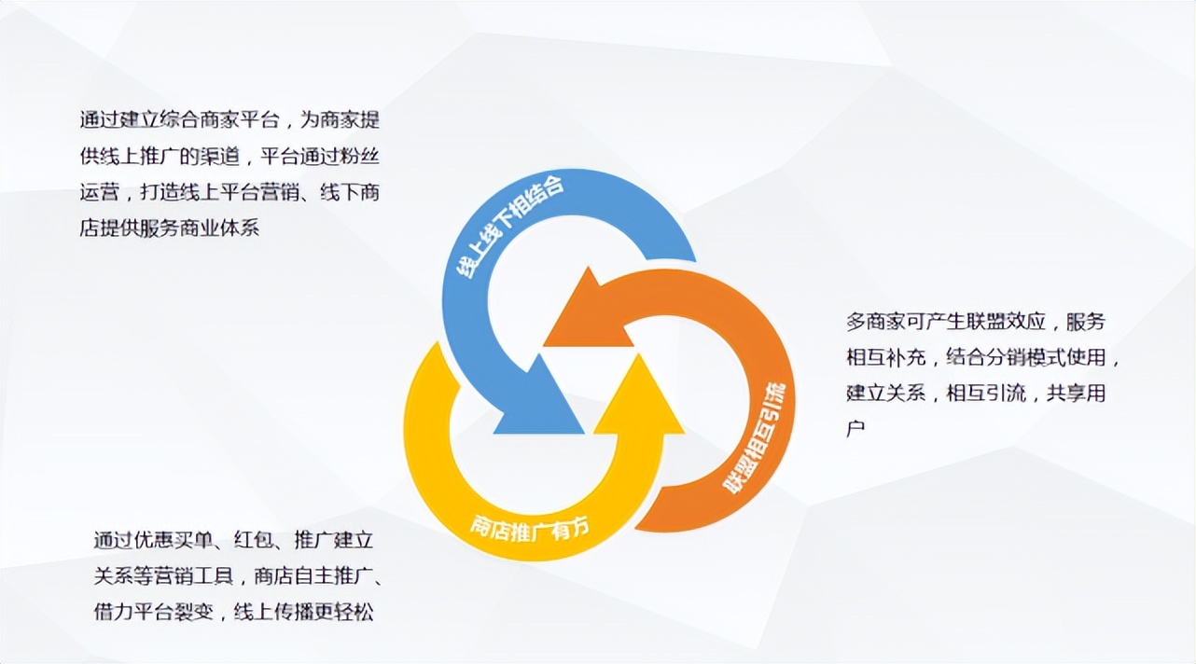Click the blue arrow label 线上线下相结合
[x=510, y=228]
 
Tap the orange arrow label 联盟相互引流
[x=759, y=438]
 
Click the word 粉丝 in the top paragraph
[x=358, y=157]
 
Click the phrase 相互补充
[x=887, y=358]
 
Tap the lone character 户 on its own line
[x=856, y=429]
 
